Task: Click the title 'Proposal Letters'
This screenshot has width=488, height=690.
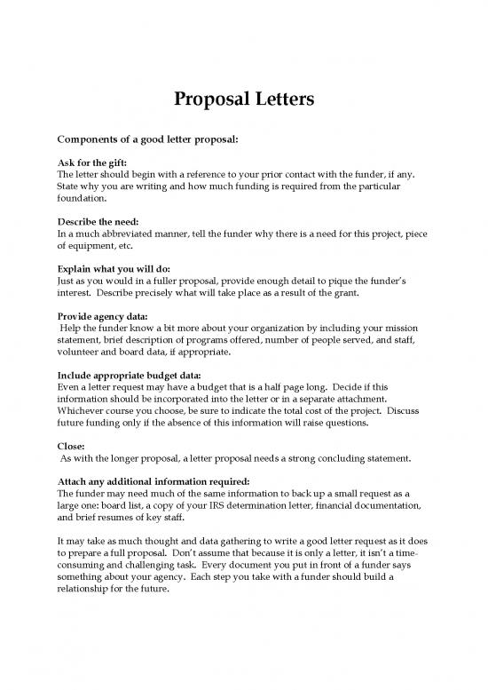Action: pos(244,100)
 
